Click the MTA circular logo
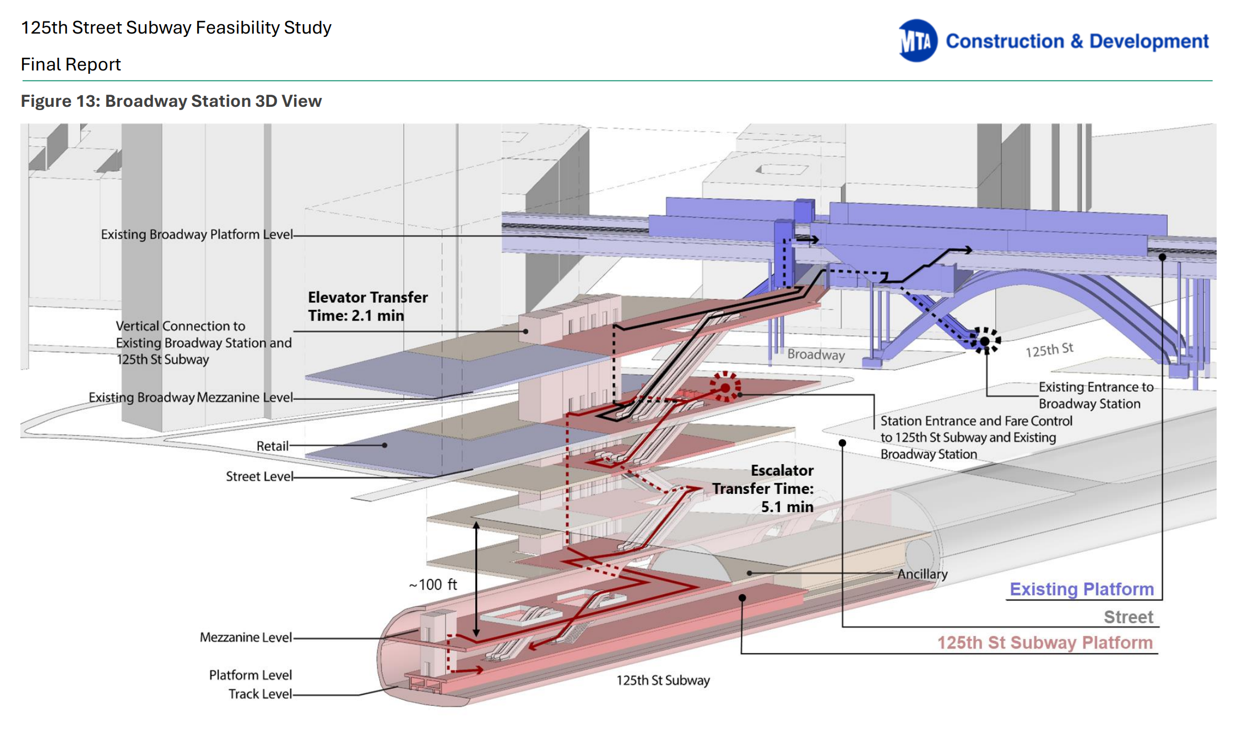coord(918,41)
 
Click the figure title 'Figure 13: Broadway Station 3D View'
coord(171,101)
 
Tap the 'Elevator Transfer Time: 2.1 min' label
coord(367,306)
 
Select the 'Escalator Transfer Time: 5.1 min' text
coord(771,488)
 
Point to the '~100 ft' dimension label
coord(433,585)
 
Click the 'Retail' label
coord(272,446)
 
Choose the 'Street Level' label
coord(259,476)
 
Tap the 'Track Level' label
coord(260,694)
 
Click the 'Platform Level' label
coord(250,675)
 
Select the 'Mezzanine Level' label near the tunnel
coord(246,638)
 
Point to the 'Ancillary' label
coord(923,574)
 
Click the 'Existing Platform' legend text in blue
coord(1081,589)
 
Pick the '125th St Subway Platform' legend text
coord(1045,643)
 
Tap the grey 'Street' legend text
coord(1128,617)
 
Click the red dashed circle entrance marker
coord(725,388)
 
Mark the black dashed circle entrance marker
coord(985,341)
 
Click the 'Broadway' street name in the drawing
coord(816,355)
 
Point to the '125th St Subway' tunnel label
coord(663,681)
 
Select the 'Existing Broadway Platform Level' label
coord(197,235)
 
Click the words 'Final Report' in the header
coord(70,64)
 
